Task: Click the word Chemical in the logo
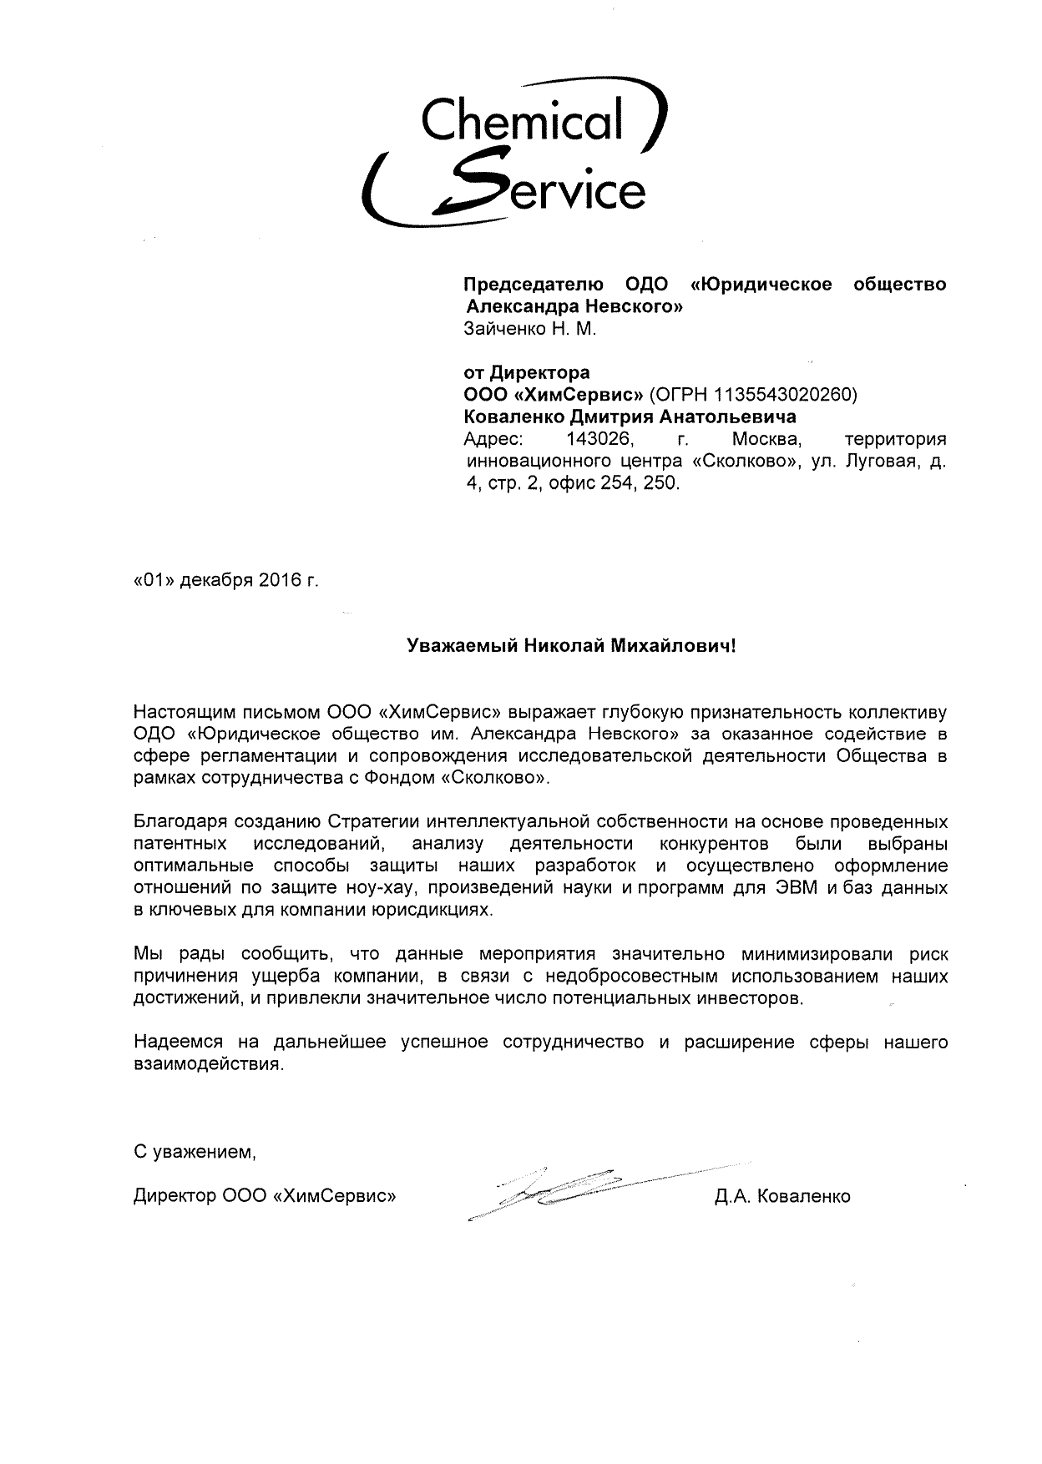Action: point(523,120)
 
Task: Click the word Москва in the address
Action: point(766,438)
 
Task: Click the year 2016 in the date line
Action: point(279,581)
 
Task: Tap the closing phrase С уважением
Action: point(195,1153)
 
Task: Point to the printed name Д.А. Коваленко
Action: point(782,1197)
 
